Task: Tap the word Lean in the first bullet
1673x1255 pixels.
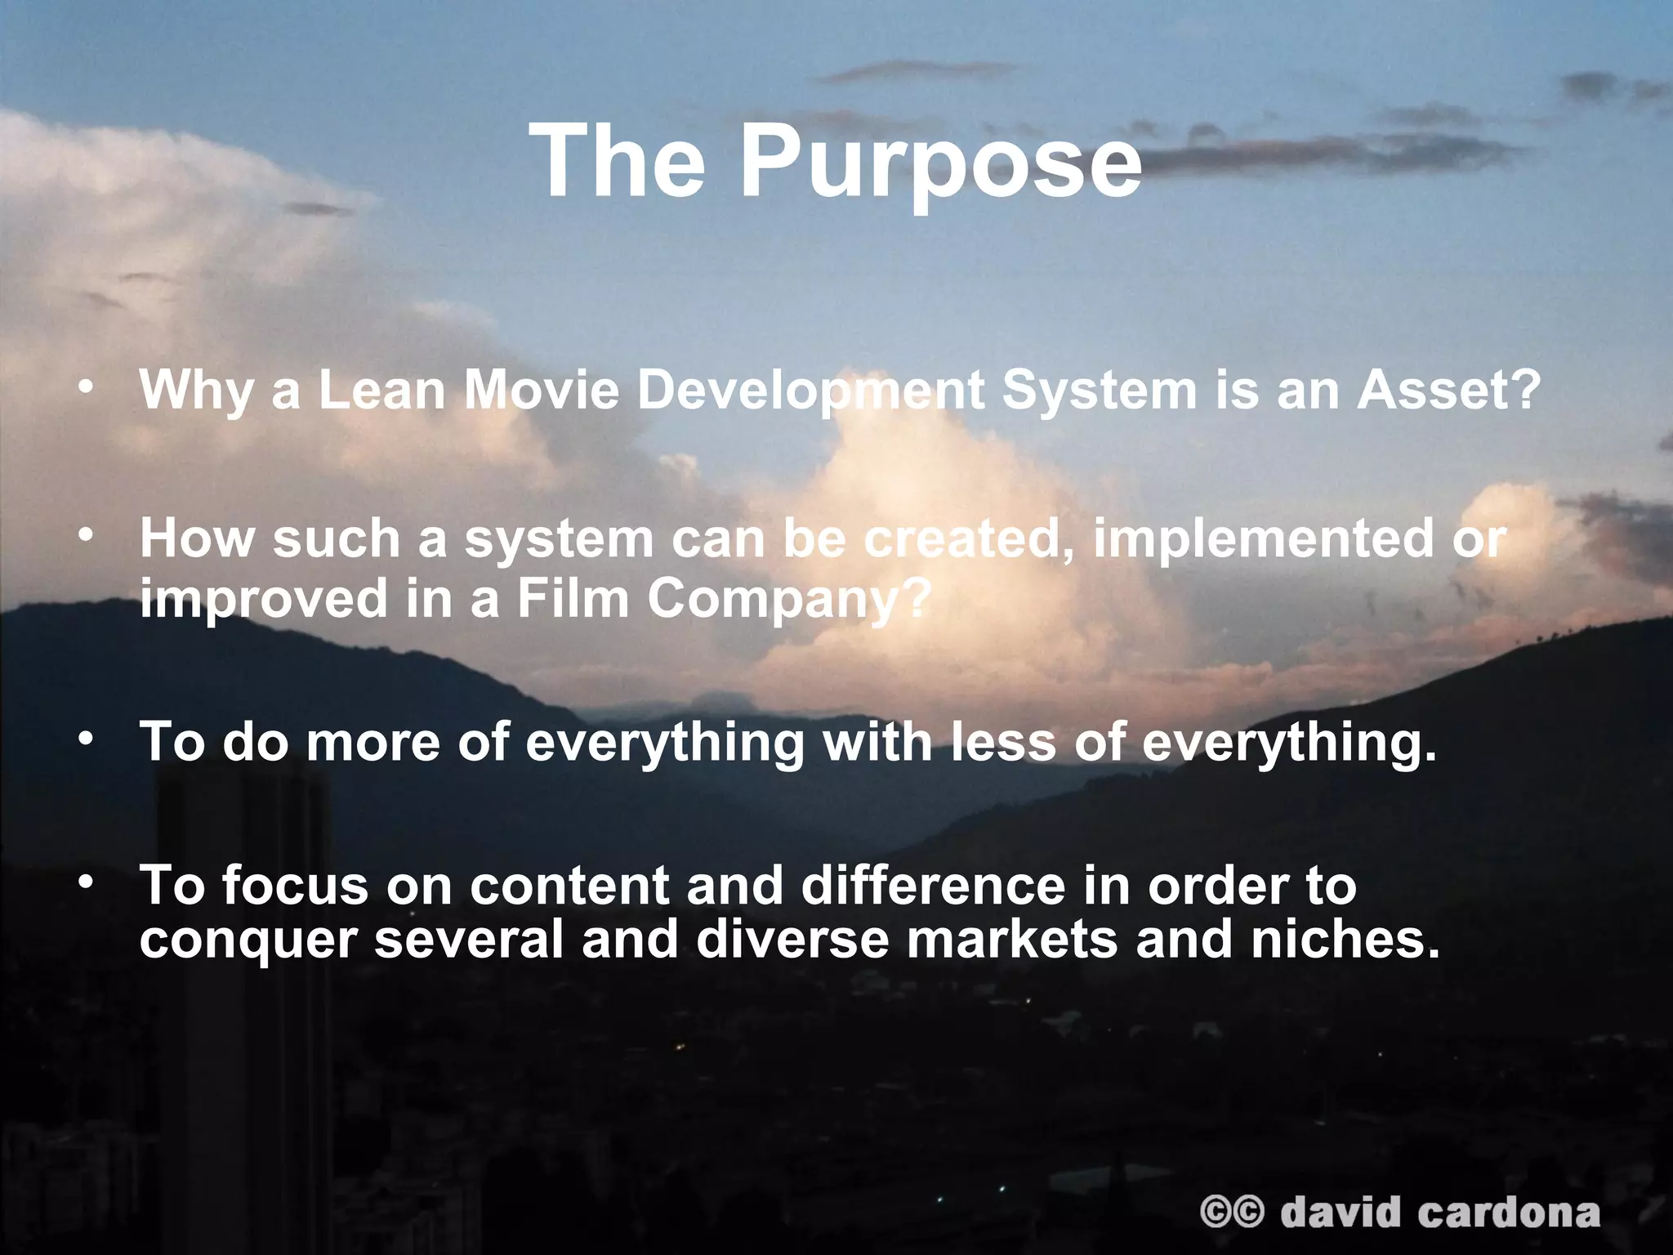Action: [382, 391]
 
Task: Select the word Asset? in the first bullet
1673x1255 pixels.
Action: [1448, 391]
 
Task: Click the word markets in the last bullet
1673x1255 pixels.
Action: [1011, 940]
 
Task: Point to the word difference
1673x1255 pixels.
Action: [933, 886]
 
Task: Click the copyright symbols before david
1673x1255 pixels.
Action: [1232, 1213]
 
